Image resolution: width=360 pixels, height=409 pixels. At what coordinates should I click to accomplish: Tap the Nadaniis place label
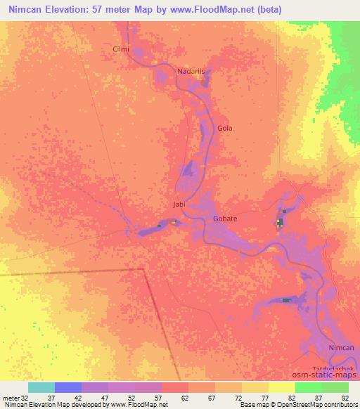(191, 71)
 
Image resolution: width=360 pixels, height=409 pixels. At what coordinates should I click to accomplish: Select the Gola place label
(225, 129)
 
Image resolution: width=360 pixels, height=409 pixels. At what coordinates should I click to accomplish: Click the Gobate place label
(225, 219)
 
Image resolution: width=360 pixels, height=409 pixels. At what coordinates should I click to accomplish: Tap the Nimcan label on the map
(342, 349)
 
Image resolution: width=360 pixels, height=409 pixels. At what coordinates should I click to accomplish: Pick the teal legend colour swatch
(41, 387)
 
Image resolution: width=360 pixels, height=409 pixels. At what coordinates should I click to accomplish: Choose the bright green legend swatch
(309, 387)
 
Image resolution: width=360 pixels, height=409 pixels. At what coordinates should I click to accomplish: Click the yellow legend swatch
(282, 387)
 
